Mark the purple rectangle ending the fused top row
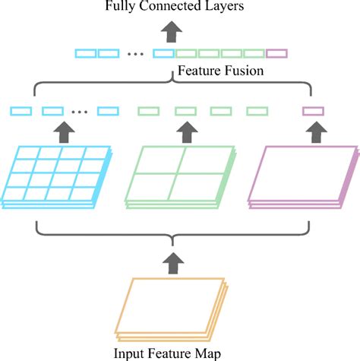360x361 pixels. pos(277,53)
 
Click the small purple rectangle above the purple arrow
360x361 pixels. pos(313,111)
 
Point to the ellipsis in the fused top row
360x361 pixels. pos(137,54)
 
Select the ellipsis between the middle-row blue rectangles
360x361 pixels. pos(78,112)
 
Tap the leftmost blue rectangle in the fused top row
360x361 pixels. pos(85,53)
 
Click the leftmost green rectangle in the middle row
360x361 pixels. pos(148,111)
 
